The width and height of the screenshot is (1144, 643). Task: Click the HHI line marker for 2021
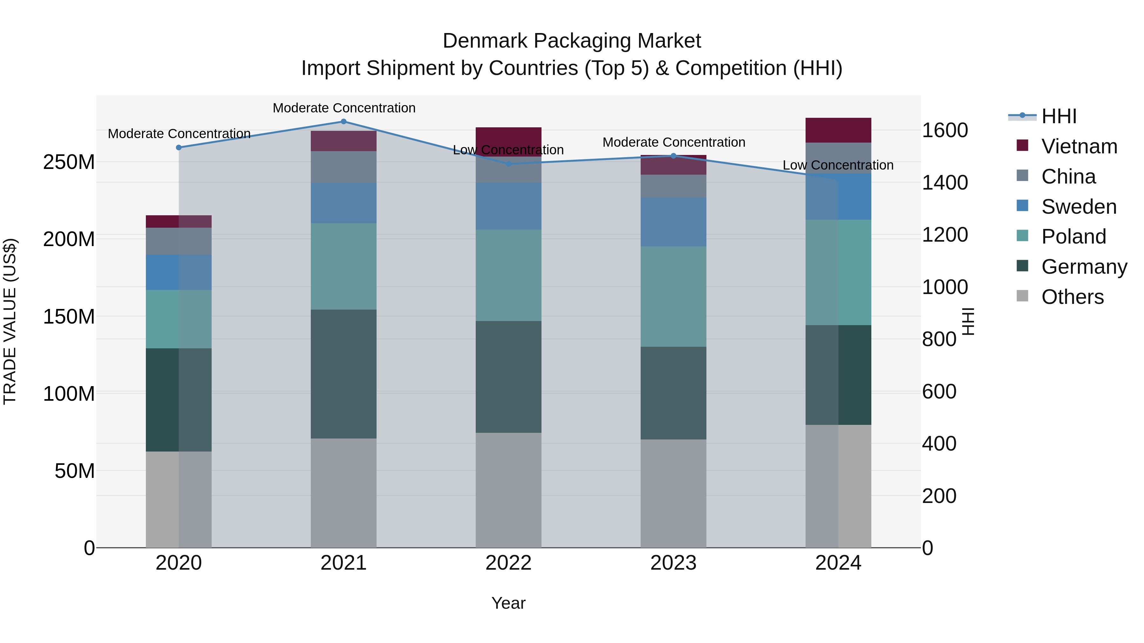point(343,122)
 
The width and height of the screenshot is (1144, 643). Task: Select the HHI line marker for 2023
point(673,156)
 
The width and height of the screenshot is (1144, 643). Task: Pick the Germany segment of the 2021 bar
point(343,374)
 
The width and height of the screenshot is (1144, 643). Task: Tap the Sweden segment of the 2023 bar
point(673,222)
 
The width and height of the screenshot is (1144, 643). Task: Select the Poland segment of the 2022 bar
point(508,275)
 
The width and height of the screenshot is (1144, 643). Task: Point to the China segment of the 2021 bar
point(343,167)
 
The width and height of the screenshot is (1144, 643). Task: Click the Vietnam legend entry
point(1079,146)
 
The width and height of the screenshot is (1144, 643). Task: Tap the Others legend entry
point(1072,297)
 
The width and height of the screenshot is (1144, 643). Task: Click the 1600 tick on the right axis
point(945,131)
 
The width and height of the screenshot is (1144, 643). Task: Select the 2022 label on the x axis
point(508,563)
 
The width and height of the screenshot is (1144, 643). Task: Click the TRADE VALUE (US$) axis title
point(10,321)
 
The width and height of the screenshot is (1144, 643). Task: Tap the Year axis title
point(508,603)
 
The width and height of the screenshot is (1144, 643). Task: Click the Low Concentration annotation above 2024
point(838,165)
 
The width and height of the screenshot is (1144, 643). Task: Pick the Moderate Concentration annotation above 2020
point(179,134)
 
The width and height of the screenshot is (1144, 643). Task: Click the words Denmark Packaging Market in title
point(572,41)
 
